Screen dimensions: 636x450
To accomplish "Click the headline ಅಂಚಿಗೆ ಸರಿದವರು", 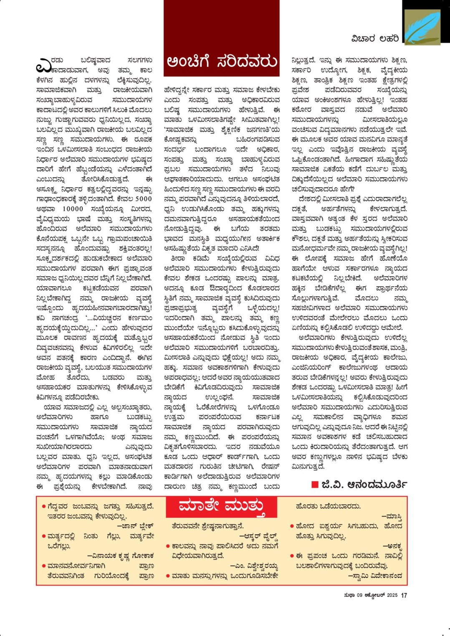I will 222,62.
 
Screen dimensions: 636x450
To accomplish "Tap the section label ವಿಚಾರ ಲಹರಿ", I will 375,39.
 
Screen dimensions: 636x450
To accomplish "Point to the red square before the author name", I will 315,485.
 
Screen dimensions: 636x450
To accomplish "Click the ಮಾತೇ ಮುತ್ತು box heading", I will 221,507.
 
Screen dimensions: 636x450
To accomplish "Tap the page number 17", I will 404,595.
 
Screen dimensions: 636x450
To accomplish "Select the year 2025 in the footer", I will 392,595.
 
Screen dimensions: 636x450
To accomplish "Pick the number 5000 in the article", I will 143,199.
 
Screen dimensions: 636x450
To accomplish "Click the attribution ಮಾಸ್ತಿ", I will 394,516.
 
